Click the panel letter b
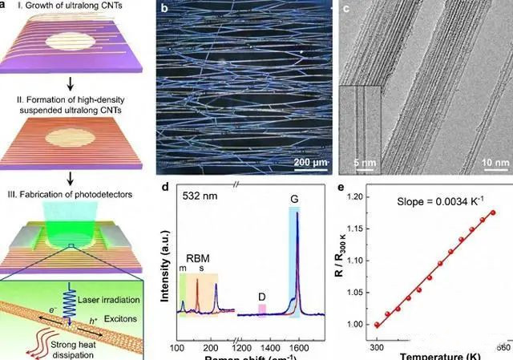click(x=165, y=10)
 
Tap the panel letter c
click(x=346, y=10)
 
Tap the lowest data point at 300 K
click(x=377, y=325)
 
